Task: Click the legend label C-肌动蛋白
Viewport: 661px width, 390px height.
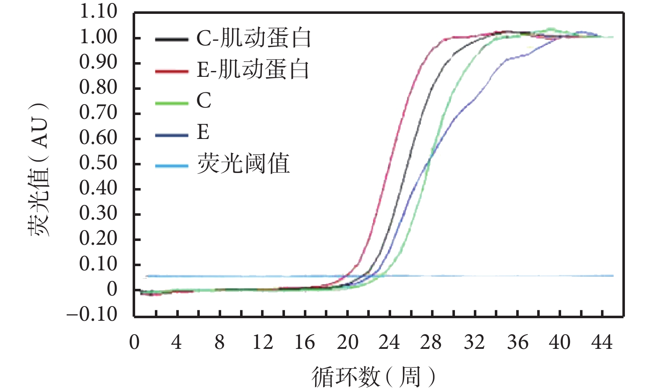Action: tap(253, 38)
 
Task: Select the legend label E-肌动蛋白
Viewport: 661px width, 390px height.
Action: tap(253, 70)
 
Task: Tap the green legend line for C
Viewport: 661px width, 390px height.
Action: tap(172, 103)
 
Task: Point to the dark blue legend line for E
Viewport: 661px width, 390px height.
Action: tap(172, 135)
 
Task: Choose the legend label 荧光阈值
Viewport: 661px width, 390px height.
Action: tap(243, 164)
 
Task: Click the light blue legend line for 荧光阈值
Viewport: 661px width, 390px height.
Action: tap(172, 166)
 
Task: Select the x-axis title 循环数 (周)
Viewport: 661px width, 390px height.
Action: tap(373, 376)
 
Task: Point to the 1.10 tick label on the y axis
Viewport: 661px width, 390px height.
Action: tap(98, 11)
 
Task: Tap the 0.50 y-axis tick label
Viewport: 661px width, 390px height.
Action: tap(98, 163)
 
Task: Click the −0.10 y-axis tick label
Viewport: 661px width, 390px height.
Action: tap(92, 314)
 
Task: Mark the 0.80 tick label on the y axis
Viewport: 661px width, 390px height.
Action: tap(98, 87)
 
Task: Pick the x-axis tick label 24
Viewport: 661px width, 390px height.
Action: tap(389, 343)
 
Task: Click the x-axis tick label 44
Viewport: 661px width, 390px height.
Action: tap(602, 343)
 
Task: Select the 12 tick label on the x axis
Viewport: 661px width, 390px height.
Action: tap(262, 343)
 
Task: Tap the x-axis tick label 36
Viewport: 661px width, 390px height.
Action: tap(517, 343)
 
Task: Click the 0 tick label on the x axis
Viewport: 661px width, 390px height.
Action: tap(134, 343)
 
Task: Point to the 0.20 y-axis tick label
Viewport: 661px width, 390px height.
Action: tap(98, 238)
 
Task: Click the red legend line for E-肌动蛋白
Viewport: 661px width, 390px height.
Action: tap(172, 71)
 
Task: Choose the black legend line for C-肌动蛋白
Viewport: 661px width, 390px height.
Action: tap(172, 39)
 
